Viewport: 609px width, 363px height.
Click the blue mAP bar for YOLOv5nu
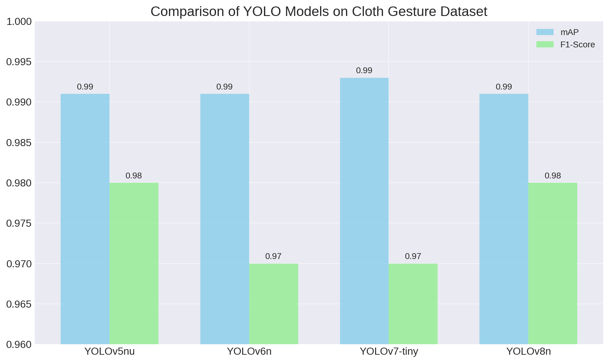85,219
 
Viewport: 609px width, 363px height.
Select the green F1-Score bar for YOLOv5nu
134,263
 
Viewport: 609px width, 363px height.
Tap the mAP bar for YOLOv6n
225,219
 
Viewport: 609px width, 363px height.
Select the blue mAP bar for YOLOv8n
504,219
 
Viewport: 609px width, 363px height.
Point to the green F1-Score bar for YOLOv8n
553,263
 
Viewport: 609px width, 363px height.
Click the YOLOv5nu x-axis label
110,351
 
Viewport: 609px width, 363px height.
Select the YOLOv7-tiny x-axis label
389,351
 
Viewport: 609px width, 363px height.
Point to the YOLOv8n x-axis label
528,351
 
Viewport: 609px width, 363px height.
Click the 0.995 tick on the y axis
19,62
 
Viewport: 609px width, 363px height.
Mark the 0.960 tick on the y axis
19,345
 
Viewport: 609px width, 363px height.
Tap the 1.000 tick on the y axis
19,22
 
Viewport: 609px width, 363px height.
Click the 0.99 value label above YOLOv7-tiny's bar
364,71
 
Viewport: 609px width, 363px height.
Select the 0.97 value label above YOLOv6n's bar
273,257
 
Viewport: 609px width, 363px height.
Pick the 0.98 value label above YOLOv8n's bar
553,176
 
